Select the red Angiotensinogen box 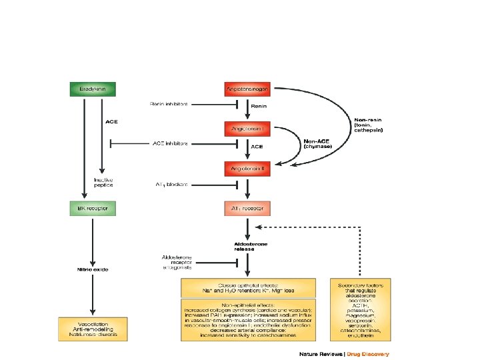tap(248, 89)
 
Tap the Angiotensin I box tap(248, 127)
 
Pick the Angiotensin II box tap(248, 169)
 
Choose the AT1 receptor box tap(248, 208)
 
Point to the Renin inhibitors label tap(169, 104)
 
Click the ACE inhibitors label tap(170, 143)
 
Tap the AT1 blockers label tap(171, 183)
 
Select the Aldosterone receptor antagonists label tap(178, 262)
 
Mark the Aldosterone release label tap(250, 247)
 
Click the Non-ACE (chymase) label tap(318, 143)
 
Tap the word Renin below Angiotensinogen tap(259, 105)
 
